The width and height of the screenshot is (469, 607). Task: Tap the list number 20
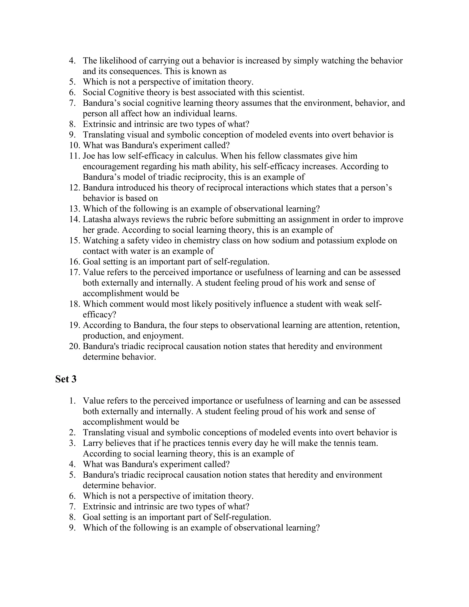point(74,346)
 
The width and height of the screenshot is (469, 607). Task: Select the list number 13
point(74,209)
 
